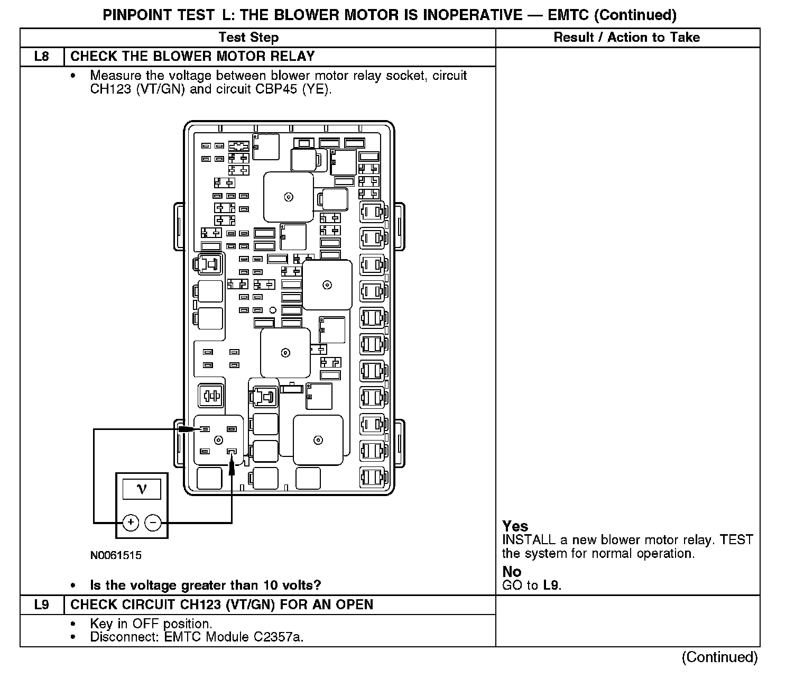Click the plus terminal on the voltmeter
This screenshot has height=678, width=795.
point(131,523)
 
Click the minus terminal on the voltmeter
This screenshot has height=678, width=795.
point(153,523)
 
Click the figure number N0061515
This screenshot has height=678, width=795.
point(116,555)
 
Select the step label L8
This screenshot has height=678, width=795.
point(41,57)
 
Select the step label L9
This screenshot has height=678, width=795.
point(41,604)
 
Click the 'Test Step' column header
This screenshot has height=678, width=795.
point(248,37)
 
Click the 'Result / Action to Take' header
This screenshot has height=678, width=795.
point(626,37)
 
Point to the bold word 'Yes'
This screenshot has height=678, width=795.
point(515,526)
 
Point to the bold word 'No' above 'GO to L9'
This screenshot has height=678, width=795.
point(512,572)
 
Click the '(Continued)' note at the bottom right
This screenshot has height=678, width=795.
point(719,657)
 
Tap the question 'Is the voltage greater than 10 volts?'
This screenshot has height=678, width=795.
point(206,585)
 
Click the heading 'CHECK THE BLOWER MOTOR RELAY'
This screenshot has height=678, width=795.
point(192,57)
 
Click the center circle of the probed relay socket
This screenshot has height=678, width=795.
point(218,440)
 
